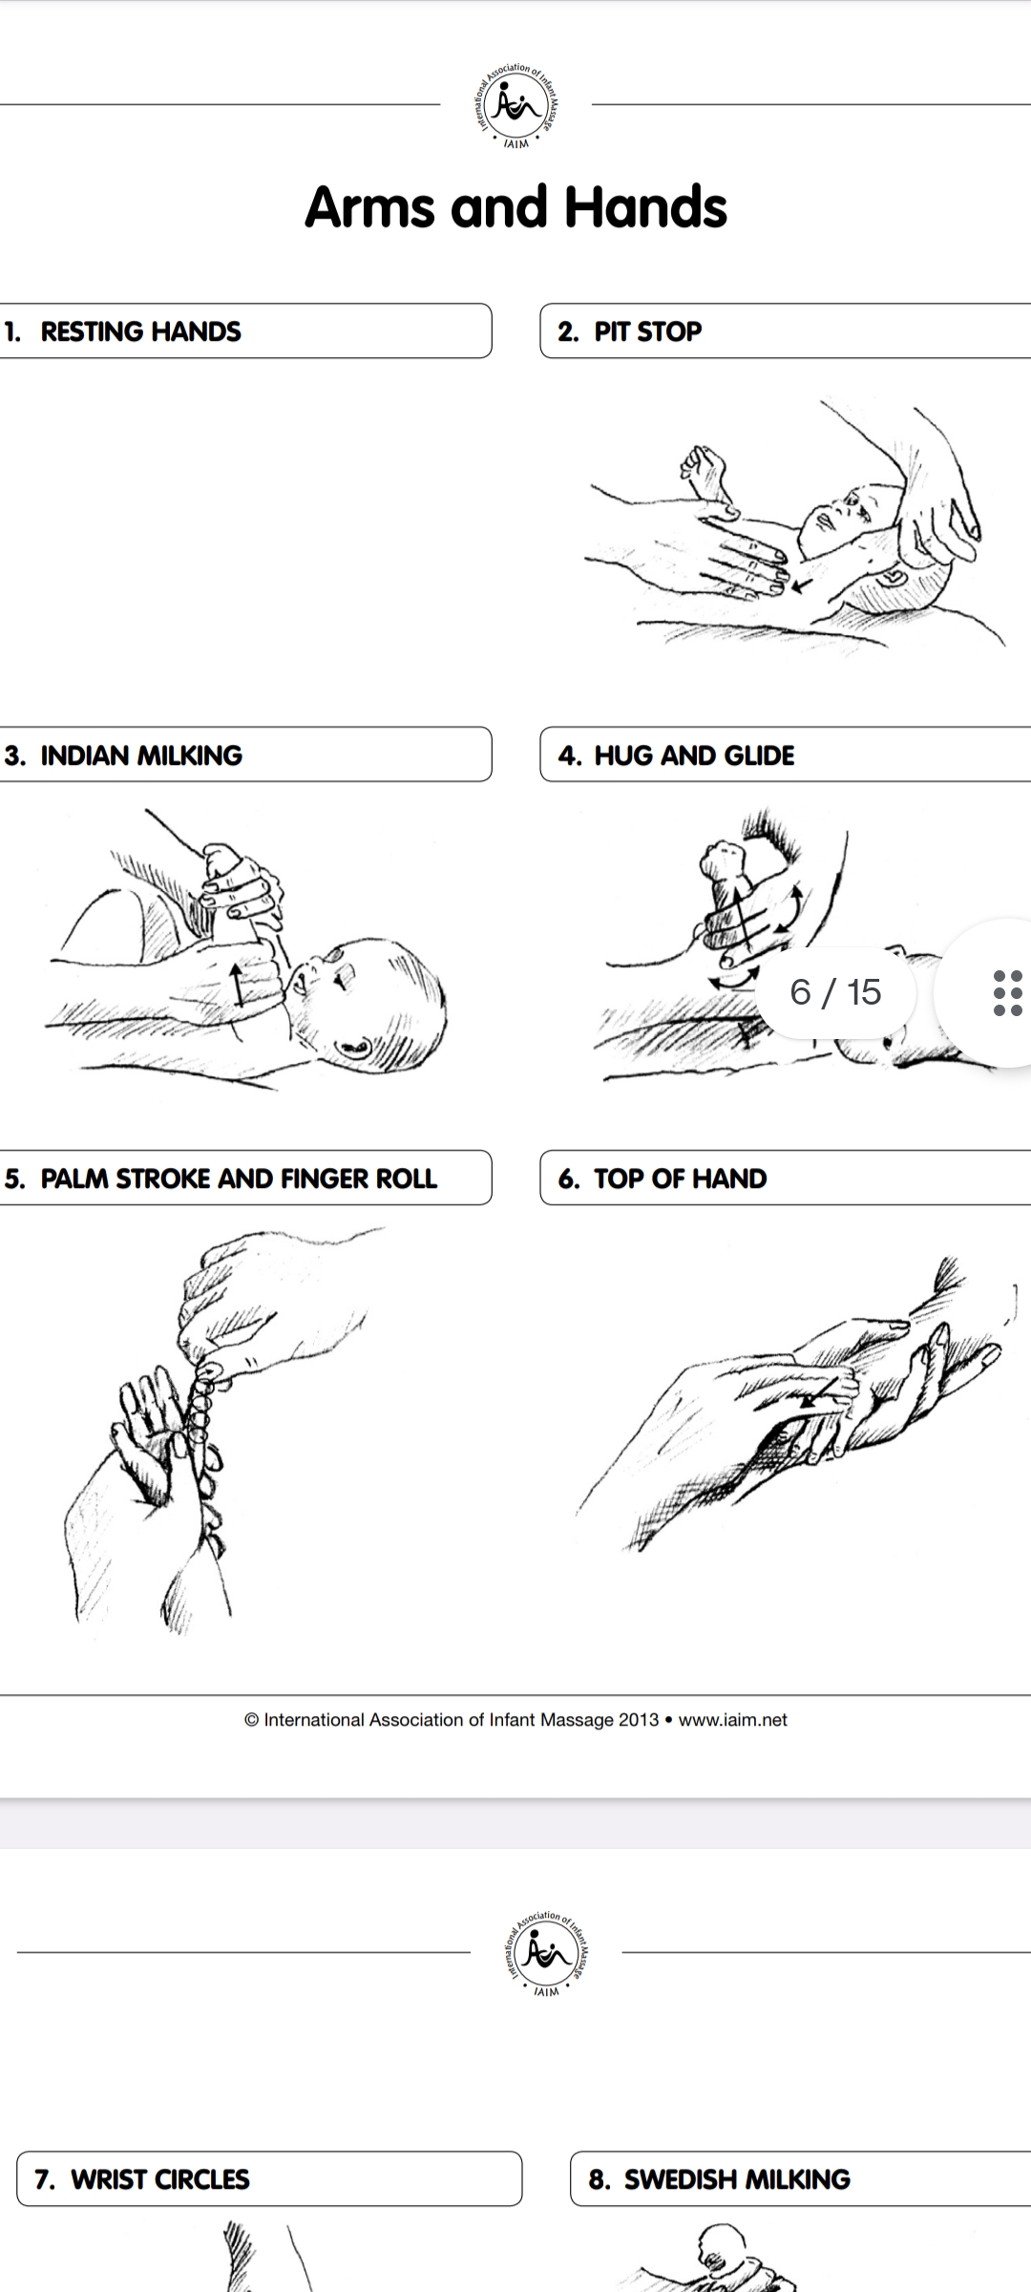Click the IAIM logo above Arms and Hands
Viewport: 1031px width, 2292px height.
(516, 107)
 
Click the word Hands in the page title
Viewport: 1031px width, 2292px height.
(645, 207)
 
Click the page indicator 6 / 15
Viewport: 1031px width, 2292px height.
(836, 992)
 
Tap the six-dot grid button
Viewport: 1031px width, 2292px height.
(1007, 993)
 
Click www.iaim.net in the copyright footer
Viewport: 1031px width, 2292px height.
(733, 1720)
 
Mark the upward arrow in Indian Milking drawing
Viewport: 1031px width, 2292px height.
(237, 984)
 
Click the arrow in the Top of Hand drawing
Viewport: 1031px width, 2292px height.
(822, 1391)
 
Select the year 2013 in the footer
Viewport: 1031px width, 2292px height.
(639, 1720)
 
